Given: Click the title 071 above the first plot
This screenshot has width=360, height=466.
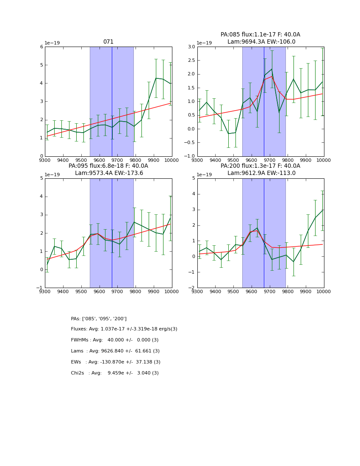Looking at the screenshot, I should tap(108, 42).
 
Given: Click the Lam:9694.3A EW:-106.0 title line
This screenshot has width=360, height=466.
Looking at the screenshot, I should tap(261, 42).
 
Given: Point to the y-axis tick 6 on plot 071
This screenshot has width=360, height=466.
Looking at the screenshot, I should tap(41, 47).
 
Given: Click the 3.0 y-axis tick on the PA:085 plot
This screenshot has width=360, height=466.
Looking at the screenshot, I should tap(191, 47).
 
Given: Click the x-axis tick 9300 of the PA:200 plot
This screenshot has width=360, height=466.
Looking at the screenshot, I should tap(197, 291).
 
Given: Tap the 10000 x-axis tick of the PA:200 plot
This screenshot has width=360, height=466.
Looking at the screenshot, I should tap(324, 291).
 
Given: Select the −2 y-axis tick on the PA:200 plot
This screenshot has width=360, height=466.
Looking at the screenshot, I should tap(191, 288).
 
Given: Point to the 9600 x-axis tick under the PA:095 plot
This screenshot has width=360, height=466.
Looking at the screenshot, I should tap(99, 291).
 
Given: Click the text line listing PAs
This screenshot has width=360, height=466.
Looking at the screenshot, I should tap(99, 319).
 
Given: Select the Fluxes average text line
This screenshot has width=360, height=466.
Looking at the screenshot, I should tap(124, 329).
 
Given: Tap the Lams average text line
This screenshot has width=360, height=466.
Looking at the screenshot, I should tap(115, 351).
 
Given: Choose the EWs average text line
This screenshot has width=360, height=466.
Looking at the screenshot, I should tap(116, 362).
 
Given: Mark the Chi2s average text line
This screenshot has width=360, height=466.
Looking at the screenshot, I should tap(115, 373).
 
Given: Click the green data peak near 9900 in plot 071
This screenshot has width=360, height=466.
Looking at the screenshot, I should tap(156, 78).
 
